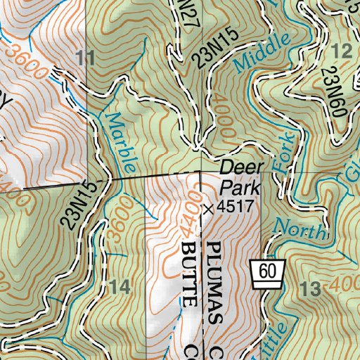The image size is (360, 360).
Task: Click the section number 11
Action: click(x=85, y=58)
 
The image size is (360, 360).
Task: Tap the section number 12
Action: click(x=341, y=51)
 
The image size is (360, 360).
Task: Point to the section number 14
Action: click(x=120, y=286)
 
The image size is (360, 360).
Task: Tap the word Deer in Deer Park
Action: click(x=241, y=167)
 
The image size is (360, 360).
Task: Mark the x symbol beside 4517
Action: click(x=207, y=209)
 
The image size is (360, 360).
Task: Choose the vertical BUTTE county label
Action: click(x=188, y=274)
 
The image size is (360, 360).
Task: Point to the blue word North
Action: click(x=300, y=229)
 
